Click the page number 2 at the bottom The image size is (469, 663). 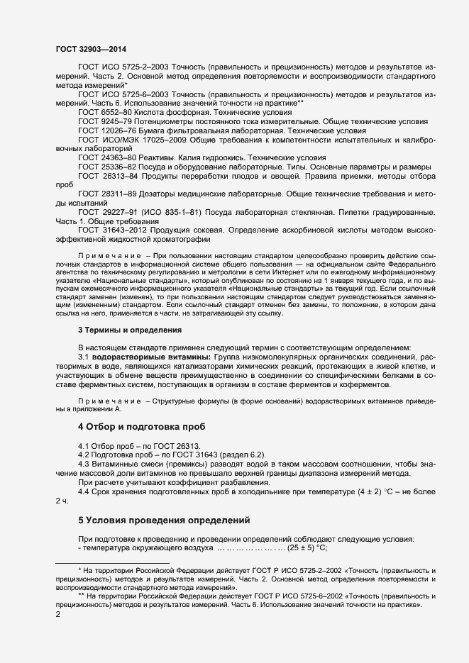[58, 614]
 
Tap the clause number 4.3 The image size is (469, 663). [85, 464]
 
